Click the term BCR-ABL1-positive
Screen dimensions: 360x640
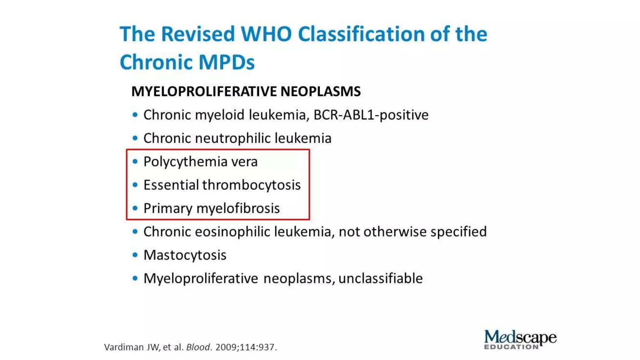[371, 115]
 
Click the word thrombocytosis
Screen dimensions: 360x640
[251, 185]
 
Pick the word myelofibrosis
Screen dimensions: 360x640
[238, 208]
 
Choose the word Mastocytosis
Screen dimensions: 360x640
[185, 255]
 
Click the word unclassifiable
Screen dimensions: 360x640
[380, 278]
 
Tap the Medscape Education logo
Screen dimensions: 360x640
[520, 339]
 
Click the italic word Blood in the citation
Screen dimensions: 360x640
[198, 347]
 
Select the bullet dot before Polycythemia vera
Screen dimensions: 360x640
[135, 162]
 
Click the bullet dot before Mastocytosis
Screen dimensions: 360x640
[135, 255]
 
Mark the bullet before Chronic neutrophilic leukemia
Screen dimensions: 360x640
[135, 138]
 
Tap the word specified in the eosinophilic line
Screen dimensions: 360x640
[458, 232]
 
